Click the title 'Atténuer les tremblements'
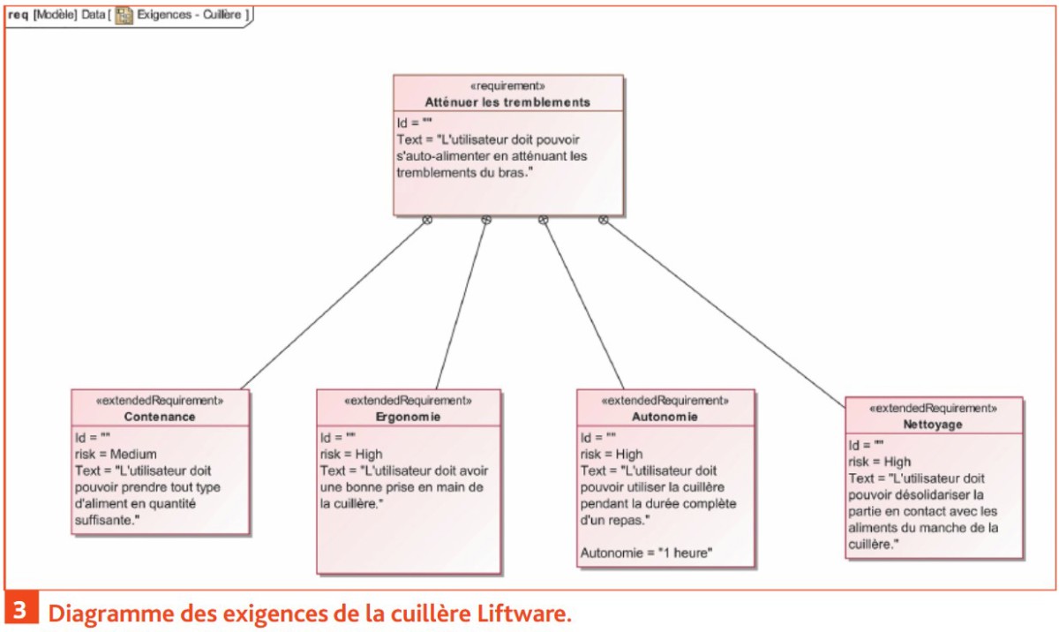click(x=507, y=102)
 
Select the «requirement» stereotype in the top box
click(x=507, y=86)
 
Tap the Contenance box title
click(x=160, y=417)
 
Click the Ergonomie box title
click(x=408, y=417)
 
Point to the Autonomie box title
click(x=665, y=417)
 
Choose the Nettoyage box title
click(x=933, y=425)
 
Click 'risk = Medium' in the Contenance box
click(x=116, y=455)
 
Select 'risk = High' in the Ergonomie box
click(x=351, y=455)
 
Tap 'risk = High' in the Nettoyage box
click(x=879, y=462)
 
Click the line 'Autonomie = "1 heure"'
click(x=646, y=553)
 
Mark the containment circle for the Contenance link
click(x=427, y=220)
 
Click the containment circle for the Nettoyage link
click(x=604, y=220)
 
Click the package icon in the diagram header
click(x=124, y=16)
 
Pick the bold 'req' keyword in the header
click(x=18, y=15)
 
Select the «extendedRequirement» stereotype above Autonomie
click(x=665, y=401)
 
